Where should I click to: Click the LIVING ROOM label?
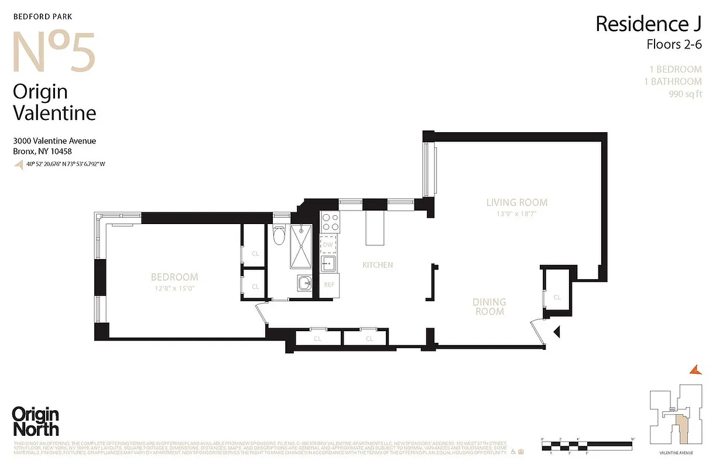point(517,202)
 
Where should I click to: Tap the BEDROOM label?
point(174,277)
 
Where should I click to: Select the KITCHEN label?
point(378,265)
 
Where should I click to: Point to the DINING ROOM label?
point(489,307)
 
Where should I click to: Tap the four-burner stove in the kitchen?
point(329,223)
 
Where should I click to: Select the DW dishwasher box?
point(328,245)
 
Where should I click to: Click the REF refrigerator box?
point(329,284)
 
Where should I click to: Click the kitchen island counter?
point(373,228)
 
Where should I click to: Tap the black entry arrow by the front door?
point(557,332)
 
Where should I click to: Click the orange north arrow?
point(696,368)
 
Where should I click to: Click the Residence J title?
point(649,24)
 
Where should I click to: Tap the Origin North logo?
point(36,421)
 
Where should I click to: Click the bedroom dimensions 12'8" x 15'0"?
point(174,288)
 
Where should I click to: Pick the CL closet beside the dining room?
point(557,297)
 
